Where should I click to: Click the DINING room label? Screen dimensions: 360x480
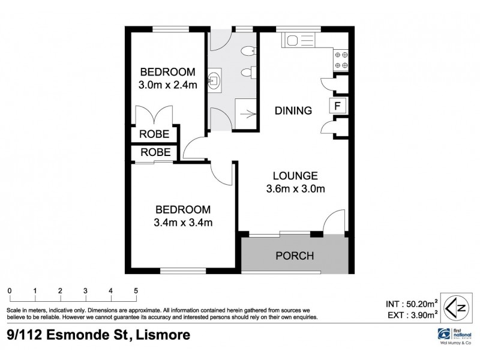293,111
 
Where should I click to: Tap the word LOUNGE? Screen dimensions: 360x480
295,176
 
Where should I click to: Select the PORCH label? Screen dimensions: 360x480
295,256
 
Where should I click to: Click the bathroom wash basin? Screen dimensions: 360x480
215,79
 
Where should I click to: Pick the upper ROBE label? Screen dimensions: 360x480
154,134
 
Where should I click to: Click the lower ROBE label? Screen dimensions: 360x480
154,153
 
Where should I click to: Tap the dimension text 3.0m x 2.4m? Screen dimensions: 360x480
167,85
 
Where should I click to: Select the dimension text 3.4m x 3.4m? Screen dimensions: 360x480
183,223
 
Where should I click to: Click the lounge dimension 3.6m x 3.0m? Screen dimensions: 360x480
295,191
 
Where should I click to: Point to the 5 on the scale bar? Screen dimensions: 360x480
136,291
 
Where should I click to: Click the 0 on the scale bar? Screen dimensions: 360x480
10,291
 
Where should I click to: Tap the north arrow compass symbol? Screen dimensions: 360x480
457,306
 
